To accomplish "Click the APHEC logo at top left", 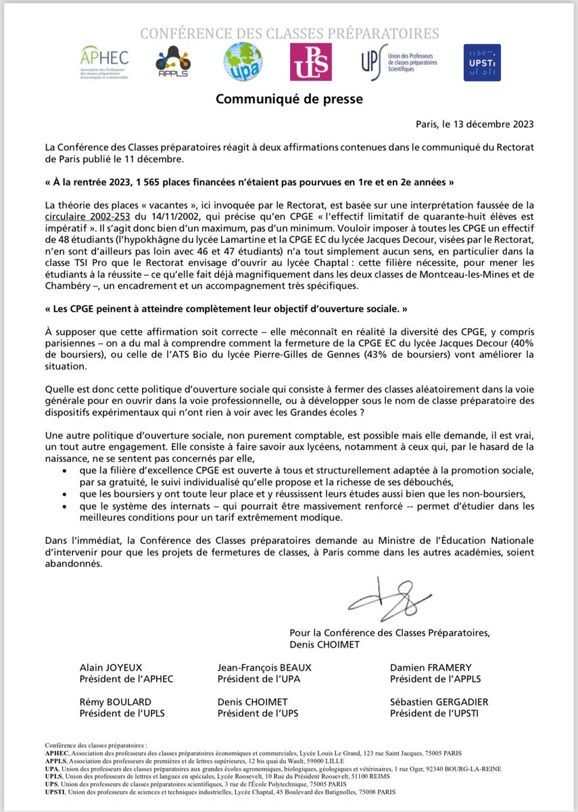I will pos(104,63).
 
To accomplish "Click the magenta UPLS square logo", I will pos(310,62).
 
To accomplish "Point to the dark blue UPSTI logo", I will pos(482,62).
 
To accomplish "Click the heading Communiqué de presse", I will pos(289,99).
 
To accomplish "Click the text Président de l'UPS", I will pos(256,713).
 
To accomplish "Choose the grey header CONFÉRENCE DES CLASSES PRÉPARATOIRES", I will pos(289,33).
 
